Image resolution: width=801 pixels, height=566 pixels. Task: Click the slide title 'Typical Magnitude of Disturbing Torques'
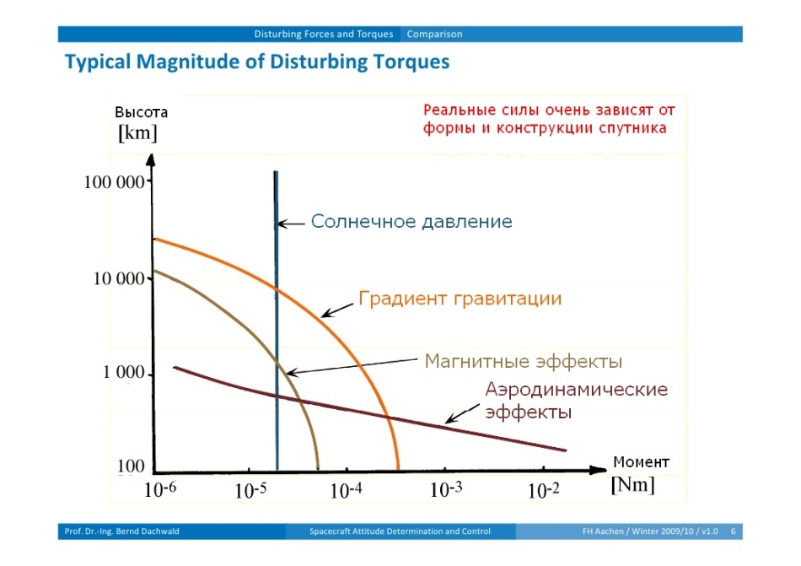(257, 62)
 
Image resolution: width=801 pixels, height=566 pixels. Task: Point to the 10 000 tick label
(119, 279)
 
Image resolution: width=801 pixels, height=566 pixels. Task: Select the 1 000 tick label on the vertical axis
(124, 375)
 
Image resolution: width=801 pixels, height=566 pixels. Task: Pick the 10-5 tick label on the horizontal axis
(250, 491)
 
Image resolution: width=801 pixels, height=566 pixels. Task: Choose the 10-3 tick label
(447, 490)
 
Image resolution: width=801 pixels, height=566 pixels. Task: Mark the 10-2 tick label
(543, 491)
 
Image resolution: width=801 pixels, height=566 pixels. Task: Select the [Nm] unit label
(632, 485)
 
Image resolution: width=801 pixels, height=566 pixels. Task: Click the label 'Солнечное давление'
(411, 222)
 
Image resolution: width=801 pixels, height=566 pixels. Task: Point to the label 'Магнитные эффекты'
(524, 362)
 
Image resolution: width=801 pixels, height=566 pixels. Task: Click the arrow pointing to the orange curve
(337, 309)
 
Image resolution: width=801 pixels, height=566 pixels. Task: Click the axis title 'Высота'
(142, 112)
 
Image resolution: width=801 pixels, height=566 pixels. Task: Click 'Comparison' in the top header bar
(434, 35)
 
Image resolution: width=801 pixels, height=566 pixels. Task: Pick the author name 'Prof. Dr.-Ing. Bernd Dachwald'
(122, 531)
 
